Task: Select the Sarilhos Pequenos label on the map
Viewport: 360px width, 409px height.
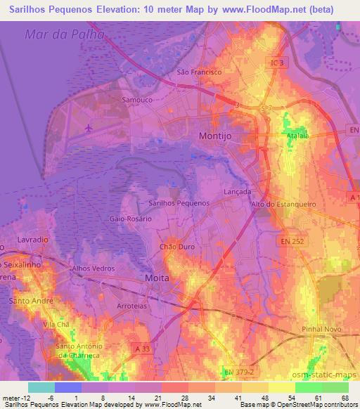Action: pos(179,202)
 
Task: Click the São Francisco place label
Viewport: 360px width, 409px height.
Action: pos(199,72)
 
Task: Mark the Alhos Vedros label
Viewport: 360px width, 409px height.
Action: pos(94,268)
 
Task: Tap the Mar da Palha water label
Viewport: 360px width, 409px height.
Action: pos(64,34)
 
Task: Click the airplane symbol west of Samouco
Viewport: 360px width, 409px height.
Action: pos(89,128)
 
